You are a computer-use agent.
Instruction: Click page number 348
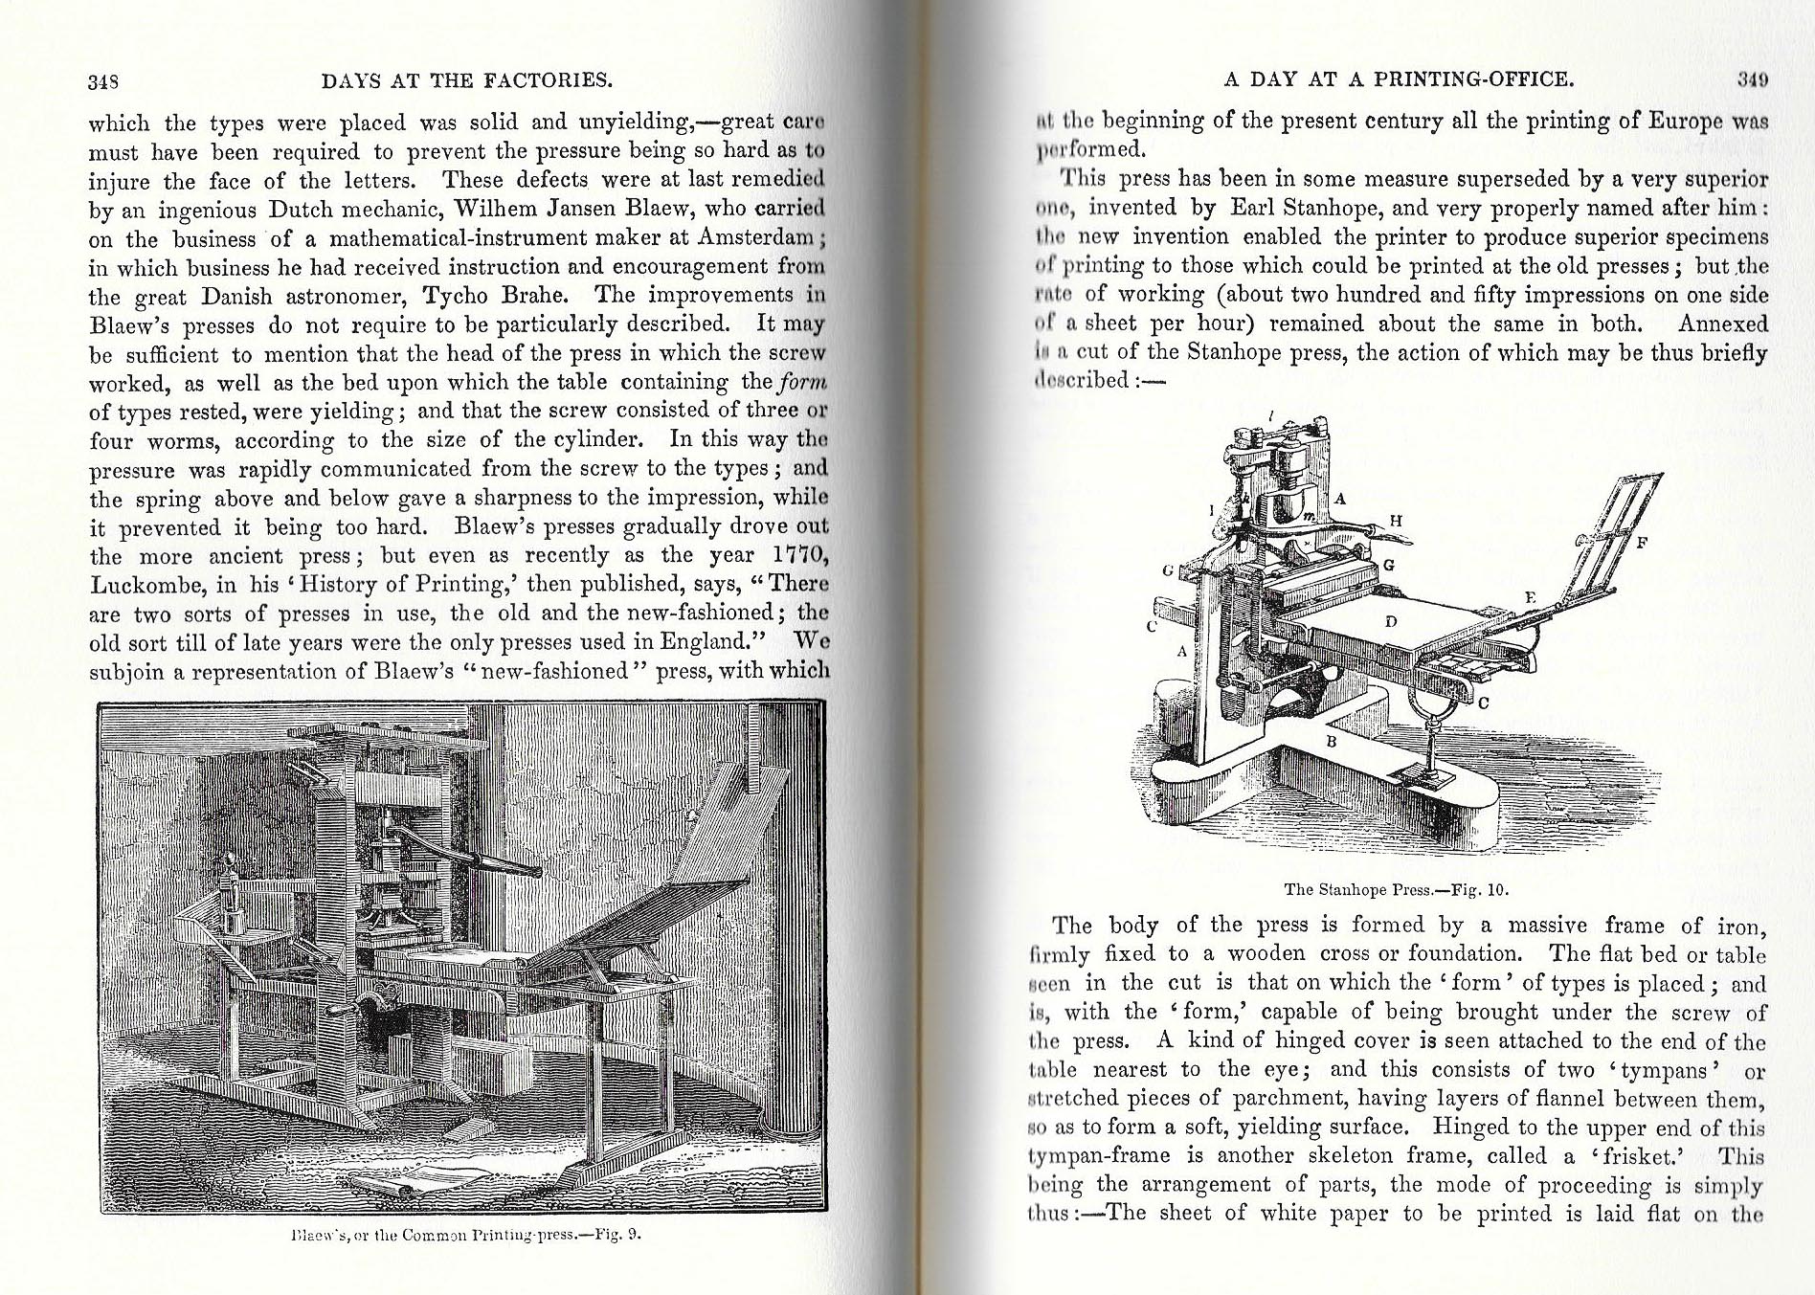tap(102, 81)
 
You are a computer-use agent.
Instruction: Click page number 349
tap(1752, 80)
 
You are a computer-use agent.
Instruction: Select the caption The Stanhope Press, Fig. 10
tap(1396, 889)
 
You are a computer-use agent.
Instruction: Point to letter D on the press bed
tap(1391, 622)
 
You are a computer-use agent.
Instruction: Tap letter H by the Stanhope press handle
tap(1395, 521)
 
